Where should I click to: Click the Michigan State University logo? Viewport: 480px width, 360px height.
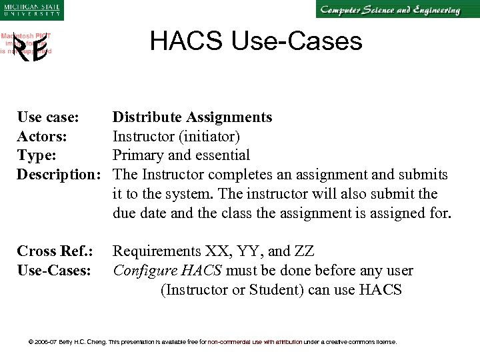[31, 10]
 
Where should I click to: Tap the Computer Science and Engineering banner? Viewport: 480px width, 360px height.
[389, 10]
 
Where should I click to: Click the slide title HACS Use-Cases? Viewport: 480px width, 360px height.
[256, 41]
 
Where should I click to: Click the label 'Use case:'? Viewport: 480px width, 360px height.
[48, 117]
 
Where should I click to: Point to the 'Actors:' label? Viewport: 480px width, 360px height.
[43, 137]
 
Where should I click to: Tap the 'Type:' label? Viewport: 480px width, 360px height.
[37, 155]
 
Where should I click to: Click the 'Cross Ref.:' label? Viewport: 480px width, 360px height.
[54, 251]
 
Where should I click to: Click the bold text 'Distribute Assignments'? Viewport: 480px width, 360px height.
[192, 117]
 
